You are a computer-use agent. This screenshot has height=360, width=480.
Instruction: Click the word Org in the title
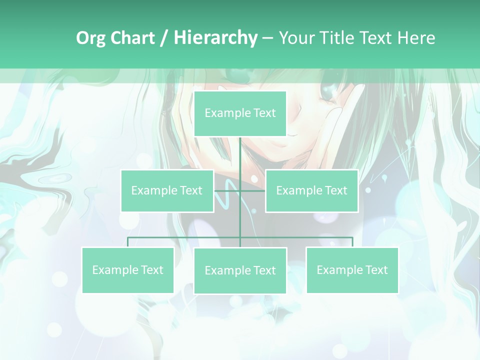coord(91,38)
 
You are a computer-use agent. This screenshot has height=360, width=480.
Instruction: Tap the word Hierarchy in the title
coord(215,38)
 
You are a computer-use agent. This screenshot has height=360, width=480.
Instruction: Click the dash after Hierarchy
coord(267,38)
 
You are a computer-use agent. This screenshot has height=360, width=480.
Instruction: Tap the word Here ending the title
coord(416,38)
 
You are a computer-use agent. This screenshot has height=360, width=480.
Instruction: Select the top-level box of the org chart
coord(240,113)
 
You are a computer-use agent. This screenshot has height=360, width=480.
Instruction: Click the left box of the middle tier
coord(167,190)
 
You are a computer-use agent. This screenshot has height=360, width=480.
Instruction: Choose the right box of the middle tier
coord(311,190)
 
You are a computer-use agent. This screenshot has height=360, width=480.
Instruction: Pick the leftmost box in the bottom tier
coord(127,270)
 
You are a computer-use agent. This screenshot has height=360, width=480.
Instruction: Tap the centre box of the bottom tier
coord(240,270)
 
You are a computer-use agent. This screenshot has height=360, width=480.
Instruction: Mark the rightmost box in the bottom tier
coord(352,270)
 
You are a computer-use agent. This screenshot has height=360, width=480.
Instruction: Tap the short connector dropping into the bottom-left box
coord(127,242)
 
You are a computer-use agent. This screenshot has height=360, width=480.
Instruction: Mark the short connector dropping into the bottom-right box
coord(352,242)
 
